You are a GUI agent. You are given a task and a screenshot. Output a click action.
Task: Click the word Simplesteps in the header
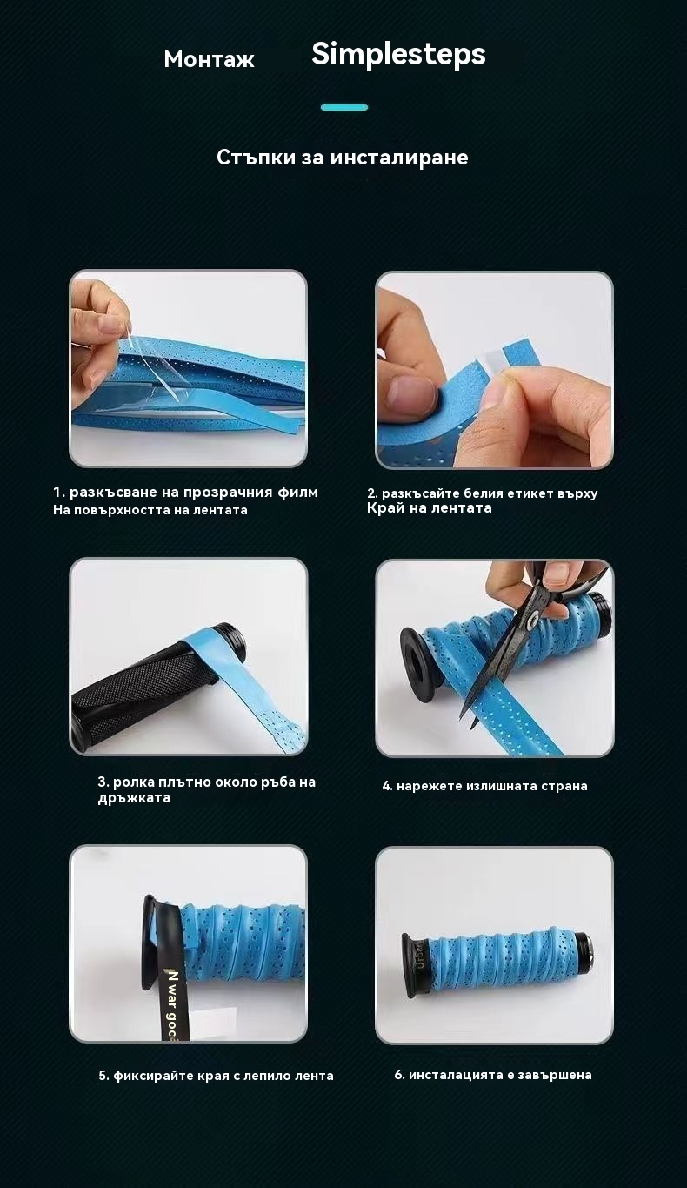(x=398, y=55)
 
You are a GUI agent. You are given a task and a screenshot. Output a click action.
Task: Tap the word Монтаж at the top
(x=209, y=59)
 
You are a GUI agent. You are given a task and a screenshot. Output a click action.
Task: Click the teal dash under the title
(x=344, y=108)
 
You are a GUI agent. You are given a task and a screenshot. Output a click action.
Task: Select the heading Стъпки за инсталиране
(x=343, y=158)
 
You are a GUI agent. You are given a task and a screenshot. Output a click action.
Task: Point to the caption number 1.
(x=58, y=493)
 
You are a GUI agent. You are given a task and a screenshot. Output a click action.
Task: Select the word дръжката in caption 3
(x=134, y=798)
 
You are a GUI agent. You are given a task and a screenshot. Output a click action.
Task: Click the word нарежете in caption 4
(x=430, y=786)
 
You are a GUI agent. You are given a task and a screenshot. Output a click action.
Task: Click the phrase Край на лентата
(x=430, y=508)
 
